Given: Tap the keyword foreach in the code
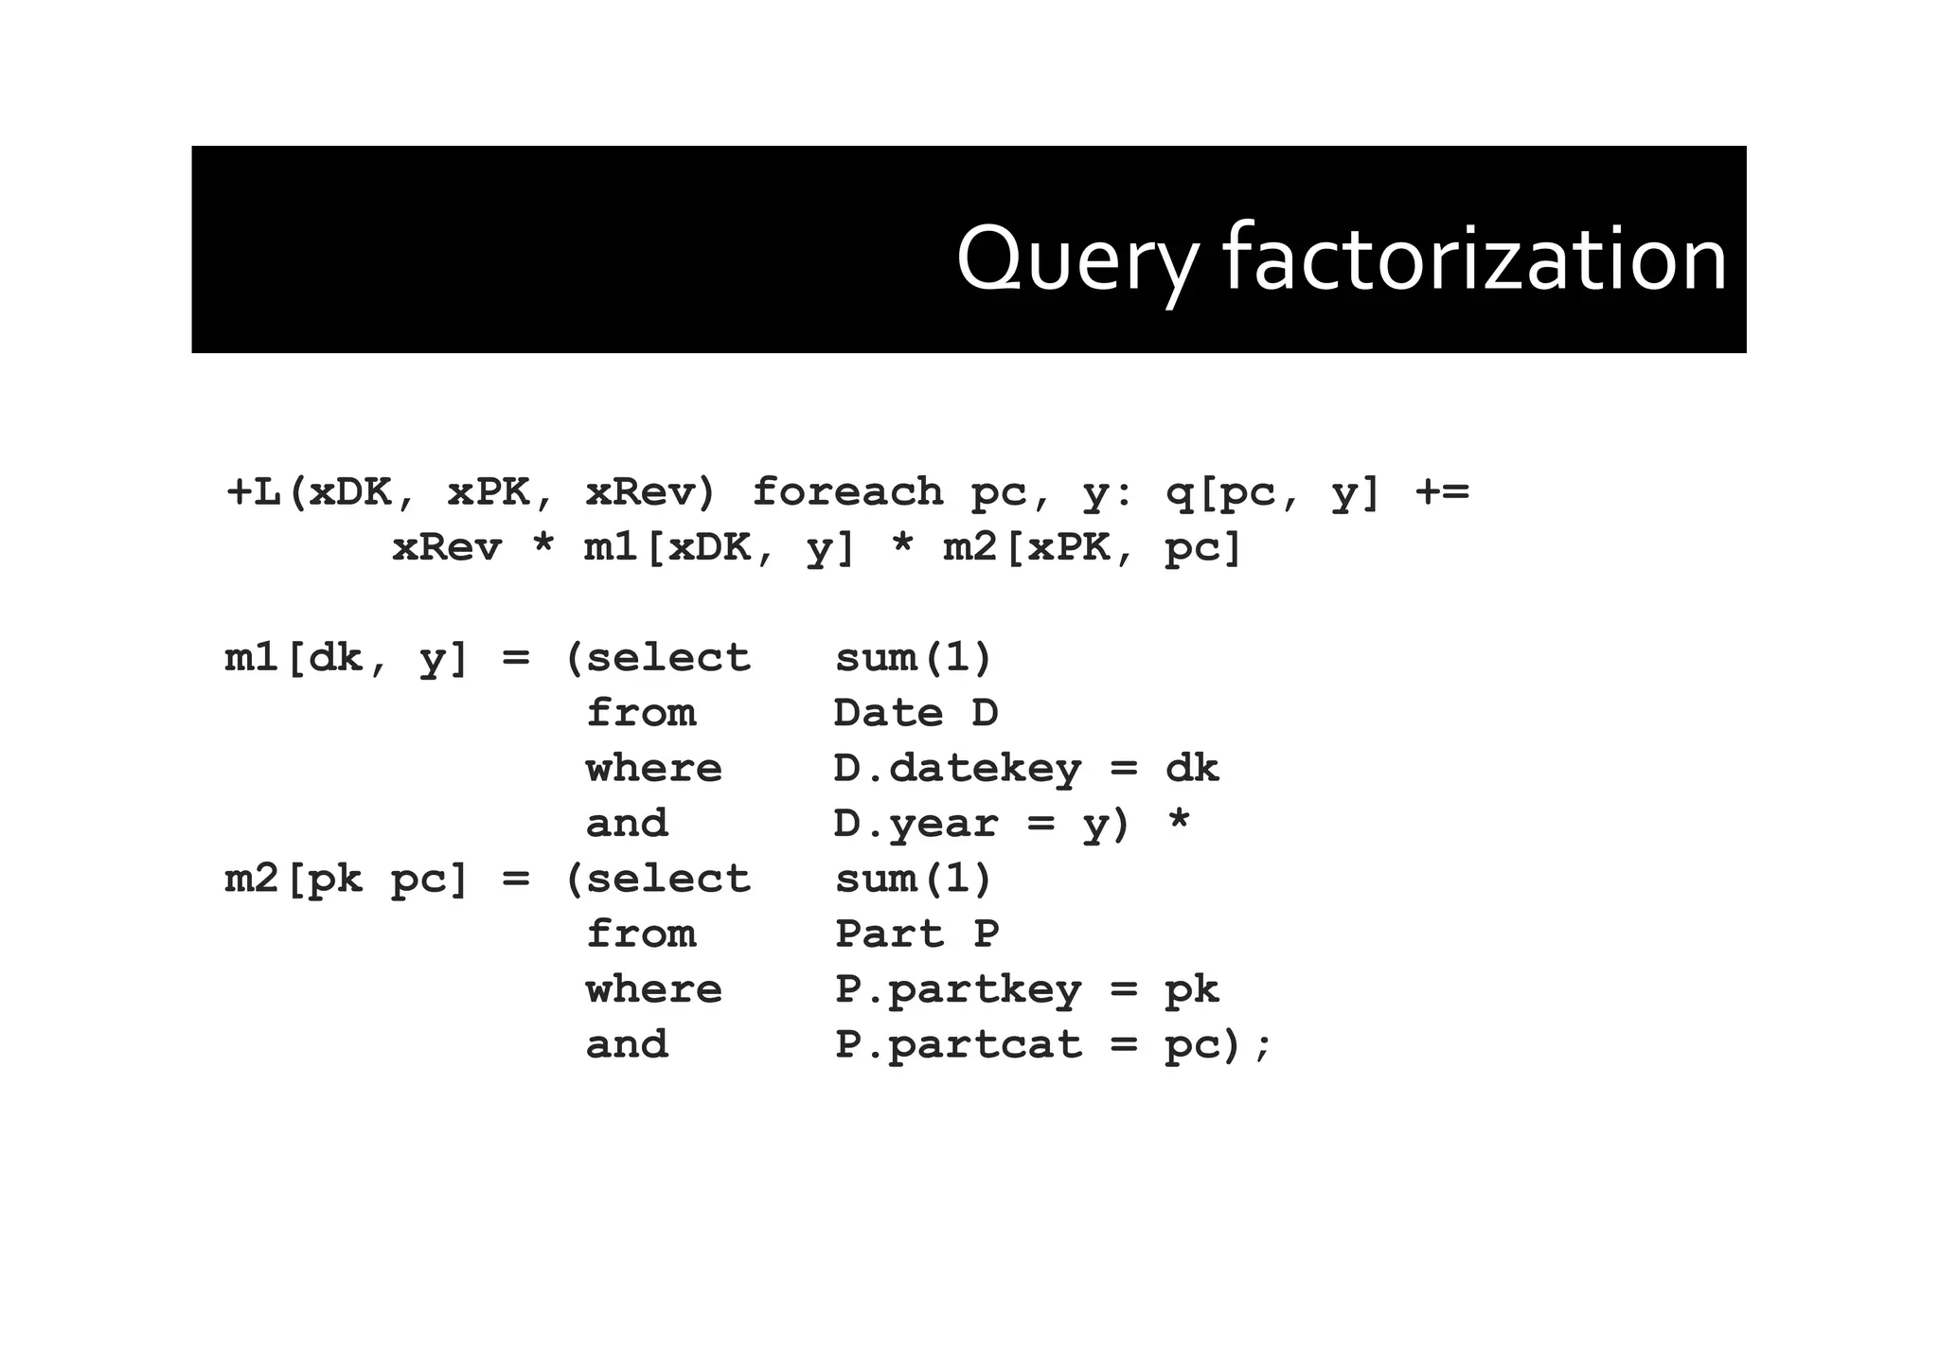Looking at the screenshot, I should pyautogui.click(x=847, y=492).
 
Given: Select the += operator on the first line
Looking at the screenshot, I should pyautogui.click(x=1442, y=492).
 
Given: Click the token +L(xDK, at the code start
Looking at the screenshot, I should pyautogui.click(x=321, y=492).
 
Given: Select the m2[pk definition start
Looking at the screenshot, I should pyautogui.click(x=294, y=880).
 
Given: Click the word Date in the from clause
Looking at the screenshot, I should pyautogui.click(x=888, y=713).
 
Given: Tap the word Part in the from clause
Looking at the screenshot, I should pyautogui.click(x=889, y=934).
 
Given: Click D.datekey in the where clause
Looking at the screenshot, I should pyautogui.click(x=956, y=769).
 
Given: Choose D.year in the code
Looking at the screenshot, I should pyautogui.click(x=916, y=824).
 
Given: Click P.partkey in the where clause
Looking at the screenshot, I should pyautogui.click(x=957, y=990).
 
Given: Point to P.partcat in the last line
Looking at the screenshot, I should pyautogui.click(x=957, y=1045).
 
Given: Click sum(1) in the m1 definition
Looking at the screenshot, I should pyautogui.click(x=913, y=658).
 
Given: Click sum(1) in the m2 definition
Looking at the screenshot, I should pyautogui.click(x=913, y=880).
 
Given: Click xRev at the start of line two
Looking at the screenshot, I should pyautogui.click(x=447, y=548).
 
